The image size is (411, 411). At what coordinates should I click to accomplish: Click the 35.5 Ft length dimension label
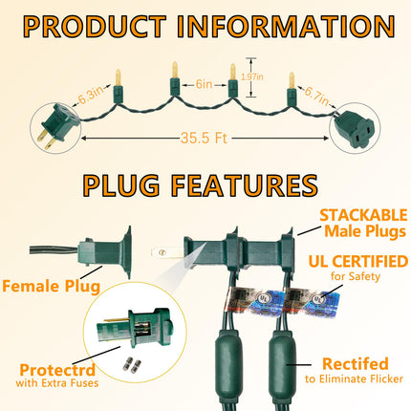(x=205, y=139)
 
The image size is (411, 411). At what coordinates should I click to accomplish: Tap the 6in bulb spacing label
(x=204, y=84)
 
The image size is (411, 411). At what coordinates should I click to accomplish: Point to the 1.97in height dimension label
(x=252, y=76)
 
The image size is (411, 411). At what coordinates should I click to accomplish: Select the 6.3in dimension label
(x=91, y=95)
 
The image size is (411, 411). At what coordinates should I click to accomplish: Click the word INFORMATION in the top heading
(x=286, y=27)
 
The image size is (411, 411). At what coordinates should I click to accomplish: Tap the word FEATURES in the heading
(x=245, y=185)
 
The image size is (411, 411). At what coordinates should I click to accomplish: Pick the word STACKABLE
(x=363, y=215)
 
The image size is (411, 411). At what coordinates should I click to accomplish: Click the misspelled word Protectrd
(x=57, y=370)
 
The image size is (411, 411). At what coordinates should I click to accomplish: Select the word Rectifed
(x=356, y=364)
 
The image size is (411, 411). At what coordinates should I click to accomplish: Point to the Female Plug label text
(x=51, y=286)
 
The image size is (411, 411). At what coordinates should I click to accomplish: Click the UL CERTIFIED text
(x=358, y=262)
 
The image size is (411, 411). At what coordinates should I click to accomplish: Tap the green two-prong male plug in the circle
(x=58, y=125)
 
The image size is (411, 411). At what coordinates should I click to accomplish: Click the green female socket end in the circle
(x=354, y=128)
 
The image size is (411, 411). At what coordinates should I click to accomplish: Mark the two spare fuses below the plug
(x=132, y=365)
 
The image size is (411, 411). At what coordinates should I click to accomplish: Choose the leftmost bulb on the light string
(x=118, y=87)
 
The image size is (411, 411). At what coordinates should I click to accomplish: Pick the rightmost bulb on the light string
(x=292, y=89)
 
